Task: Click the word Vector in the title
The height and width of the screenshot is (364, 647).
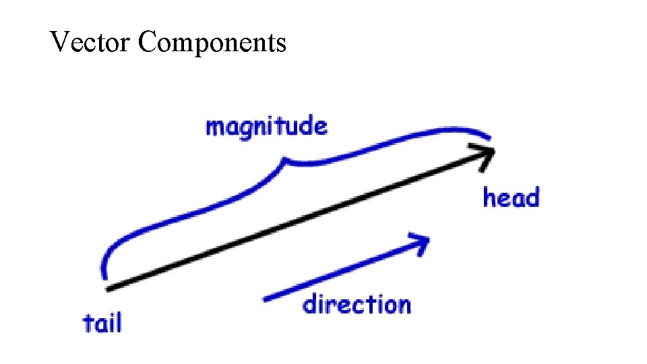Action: [90, 42]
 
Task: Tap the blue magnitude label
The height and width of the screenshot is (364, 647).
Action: [266, 127]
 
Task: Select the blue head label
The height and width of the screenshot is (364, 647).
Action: [512, 198]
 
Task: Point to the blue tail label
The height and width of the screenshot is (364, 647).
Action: [102, 322]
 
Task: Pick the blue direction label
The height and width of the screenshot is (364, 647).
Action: [357, 305]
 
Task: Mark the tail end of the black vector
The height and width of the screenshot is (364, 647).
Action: [109, 289]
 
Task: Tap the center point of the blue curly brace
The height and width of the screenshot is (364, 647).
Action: [287, 160]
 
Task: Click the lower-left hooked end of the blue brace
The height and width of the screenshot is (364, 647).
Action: [104, 272]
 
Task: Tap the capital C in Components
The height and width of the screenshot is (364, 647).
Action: [148, 42]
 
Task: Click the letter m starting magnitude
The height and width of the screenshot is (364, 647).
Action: [214, 127]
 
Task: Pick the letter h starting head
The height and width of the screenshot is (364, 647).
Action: [490, 198]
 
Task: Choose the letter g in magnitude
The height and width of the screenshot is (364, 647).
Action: [249, 130]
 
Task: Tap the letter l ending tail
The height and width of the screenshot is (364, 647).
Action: [119, 322]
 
